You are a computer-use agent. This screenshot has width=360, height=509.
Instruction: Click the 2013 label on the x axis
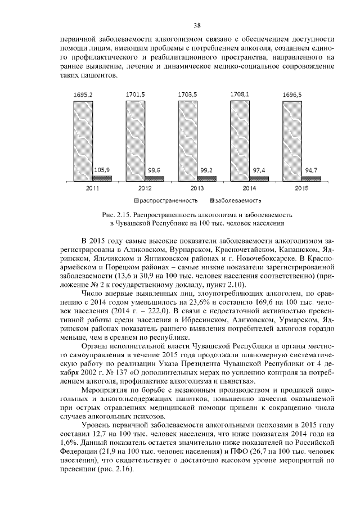pos(197,188)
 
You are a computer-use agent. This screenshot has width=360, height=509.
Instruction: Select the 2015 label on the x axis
pos(301,188)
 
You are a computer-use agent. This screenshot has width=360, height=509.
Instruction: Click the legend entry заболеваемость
pos(238,200)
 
